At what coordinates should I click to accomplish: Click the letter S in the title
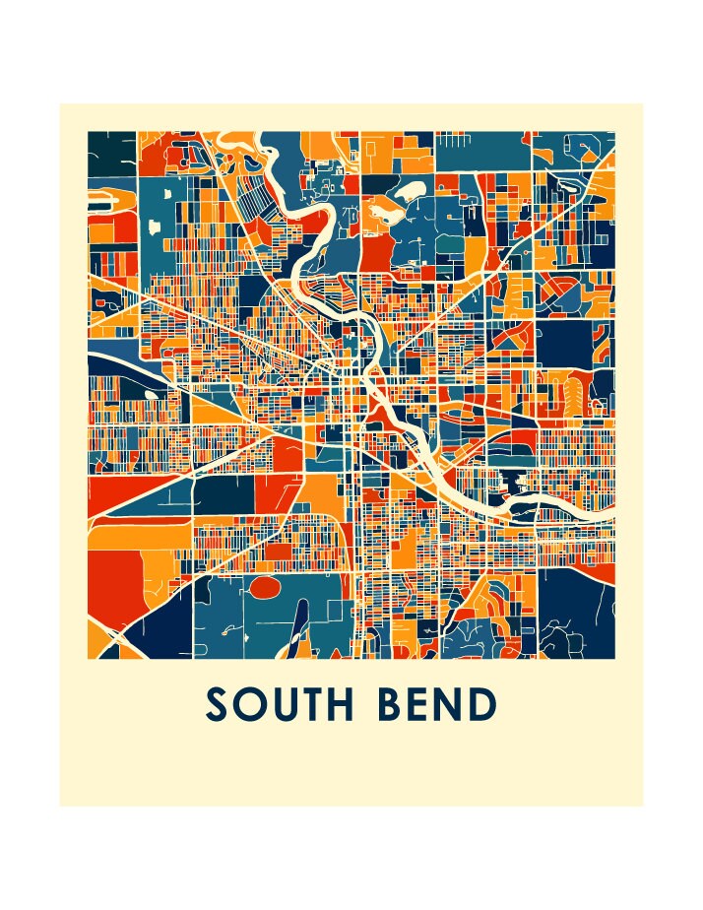click(219, 705)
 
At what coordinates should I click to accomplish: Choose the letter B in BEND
click(401, 705)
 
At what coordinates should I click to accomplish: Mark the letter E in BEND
click(429, 705)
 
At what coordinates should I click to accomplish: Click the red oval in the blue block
click(263, 588)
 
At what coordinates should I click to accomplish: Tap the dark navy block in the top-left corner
click(110, 153)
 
